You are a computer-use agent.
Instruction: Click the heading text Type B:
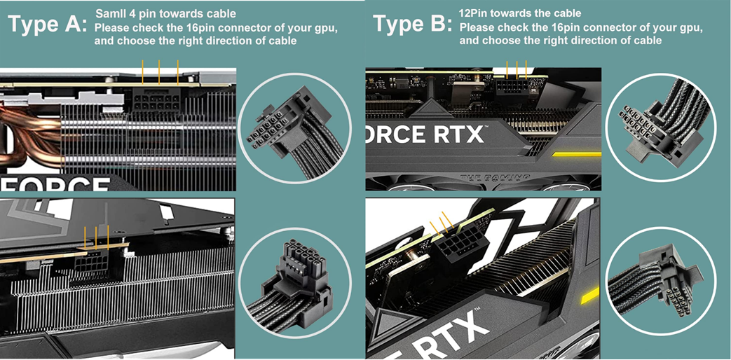point(412,25)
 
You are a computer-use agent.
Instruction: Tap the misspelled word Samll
point(109,14)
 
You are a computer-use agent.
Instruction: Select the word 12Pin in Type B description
point(473,13)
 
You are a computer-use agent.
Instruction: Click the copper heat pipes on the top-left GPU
point(28,116)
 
